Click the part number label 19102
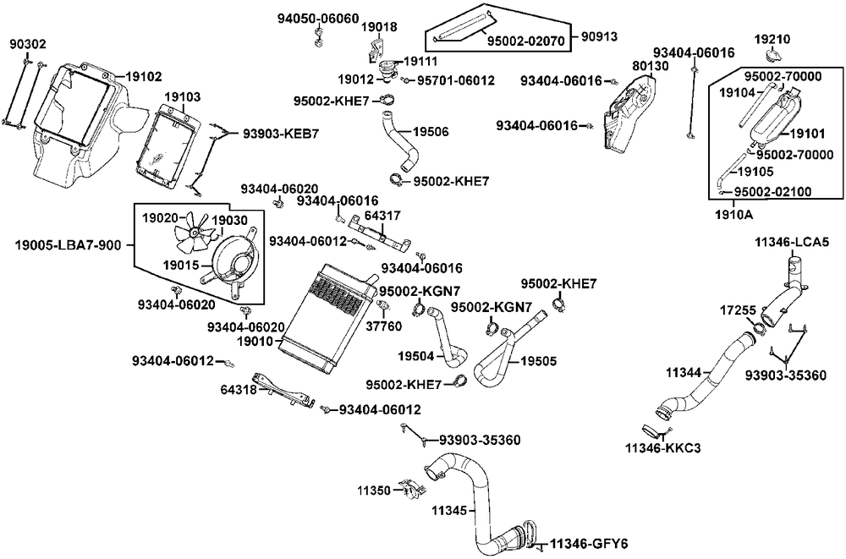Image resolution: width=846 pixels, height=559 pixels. (145, 76)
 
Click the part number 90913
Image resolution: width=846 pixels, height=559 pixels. (600, 36)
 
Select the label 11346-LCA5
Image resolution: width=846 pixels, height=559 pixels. (792, 242)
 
